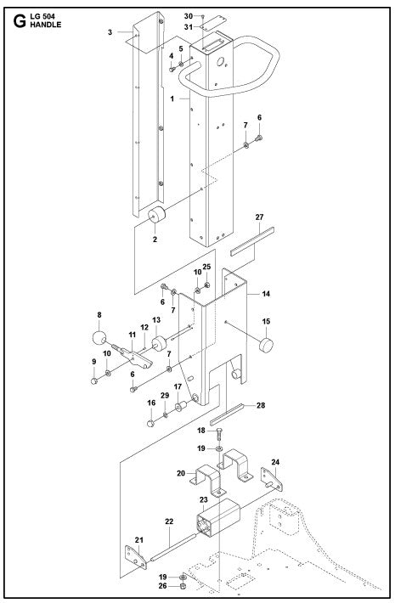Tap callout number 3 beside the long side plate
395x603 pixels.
[x=110, y=32]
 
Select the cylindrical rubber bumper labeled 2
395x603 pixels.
[x=156, y=217]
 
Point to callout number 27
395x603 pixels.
[x=259, y=218]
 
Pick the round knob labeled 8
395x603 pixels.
[x=99, y=339]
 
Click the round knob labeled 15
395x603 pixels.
[x=268, y=346]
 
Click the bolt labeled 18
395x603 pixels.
[x=220, y=434]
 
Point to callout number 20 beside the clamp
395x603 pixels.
[x=180, y=473]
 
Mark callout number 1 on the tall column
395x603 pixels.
[x=172, y=99]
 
